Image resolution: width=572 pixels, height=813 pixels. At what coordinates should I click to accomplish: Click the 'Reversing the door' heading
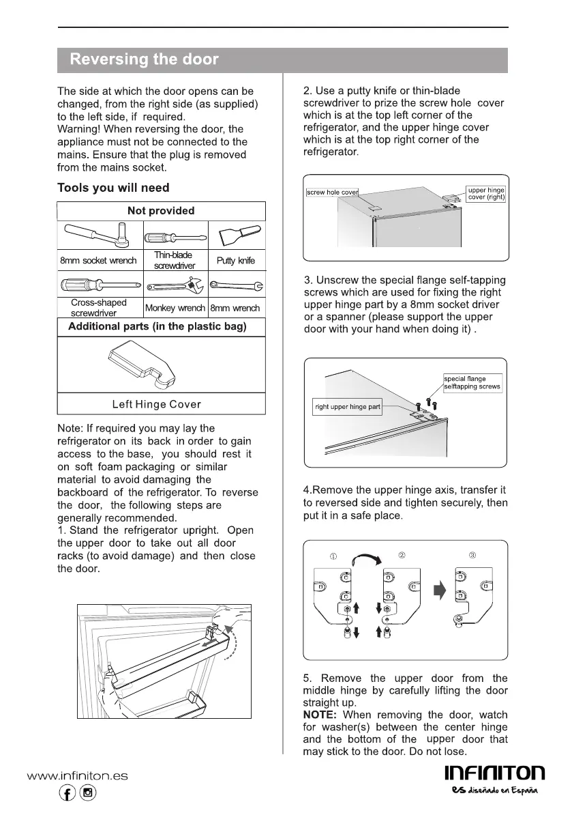(144, 59)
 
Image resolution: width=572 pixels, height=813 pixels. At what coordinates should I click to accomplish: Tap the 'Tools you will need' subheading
(113, 188)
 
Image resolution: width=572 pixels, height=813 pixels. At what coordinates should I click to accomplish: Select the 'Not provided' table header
(161, 211)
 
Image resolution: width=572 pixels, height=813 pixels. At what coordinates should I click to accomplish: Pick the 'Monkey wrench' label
(175, 308)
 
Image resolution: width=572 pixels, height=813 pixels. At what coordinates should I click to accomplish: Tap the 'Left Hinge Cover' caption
(157, 404)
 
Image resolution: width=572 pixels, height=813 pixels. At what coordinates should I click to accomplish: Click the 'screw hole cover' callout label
(332, 192)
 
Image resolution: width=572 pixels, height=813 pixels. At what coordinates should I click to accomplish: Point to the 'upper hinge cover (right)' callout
(486, 193)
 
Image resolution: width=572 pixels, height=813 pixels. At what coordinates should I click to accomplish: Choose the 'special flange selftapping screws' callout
(472, 382)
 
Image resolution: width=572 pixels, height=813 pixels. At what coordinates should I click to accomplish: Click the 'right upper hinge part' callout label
(348, 407)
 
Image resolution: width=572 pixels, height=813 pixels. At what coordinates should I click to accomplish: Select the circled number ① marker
(333, 556)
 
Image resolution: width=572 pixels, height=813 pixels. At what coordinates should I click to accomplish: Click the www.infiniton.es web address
(77, 775)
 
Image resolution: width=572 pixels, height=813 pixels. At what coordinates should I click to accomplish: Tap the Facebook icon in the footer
(68, 793)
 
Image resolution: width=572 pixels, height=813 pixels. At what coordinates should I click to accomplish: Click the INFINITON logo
(494, 773)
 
